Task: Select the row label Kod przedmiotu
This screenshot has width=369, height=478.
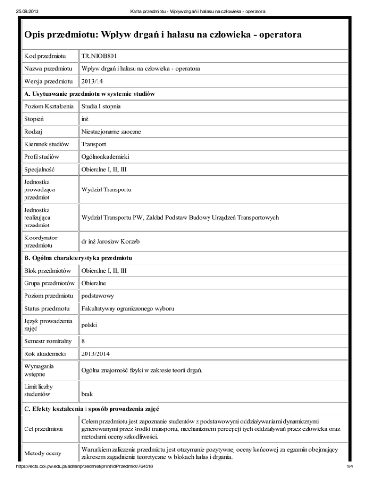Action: (46, 57)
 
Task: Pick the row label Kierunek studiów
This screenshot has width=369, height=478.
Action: (47, 144)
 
